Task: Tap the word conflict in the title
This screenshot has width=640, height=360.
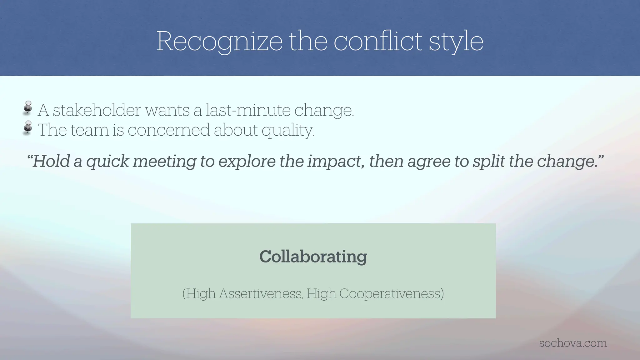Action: [x=378, y=41]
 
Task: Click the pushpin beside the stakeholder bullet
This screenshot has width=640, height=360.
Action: [x=28, y=107]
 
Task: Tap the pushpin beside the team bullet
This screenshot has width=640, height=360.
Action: [x=28, y=127]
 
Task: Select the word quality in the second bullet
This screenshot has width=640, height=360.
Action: [x=287, y=130]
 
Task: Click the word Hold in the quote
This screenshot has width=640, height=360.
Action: [x=51, y=161]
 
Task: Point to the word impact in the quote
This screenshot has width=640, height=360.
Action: [x=336, y=161]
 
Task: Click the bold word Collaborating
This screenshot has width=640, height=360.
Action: [x=313, y=257]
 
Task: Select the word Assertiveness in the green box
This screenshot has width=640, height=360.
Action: [x=261, y=293]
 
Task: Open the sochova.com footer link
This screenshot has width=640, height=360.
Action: [x=573, y=343]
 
